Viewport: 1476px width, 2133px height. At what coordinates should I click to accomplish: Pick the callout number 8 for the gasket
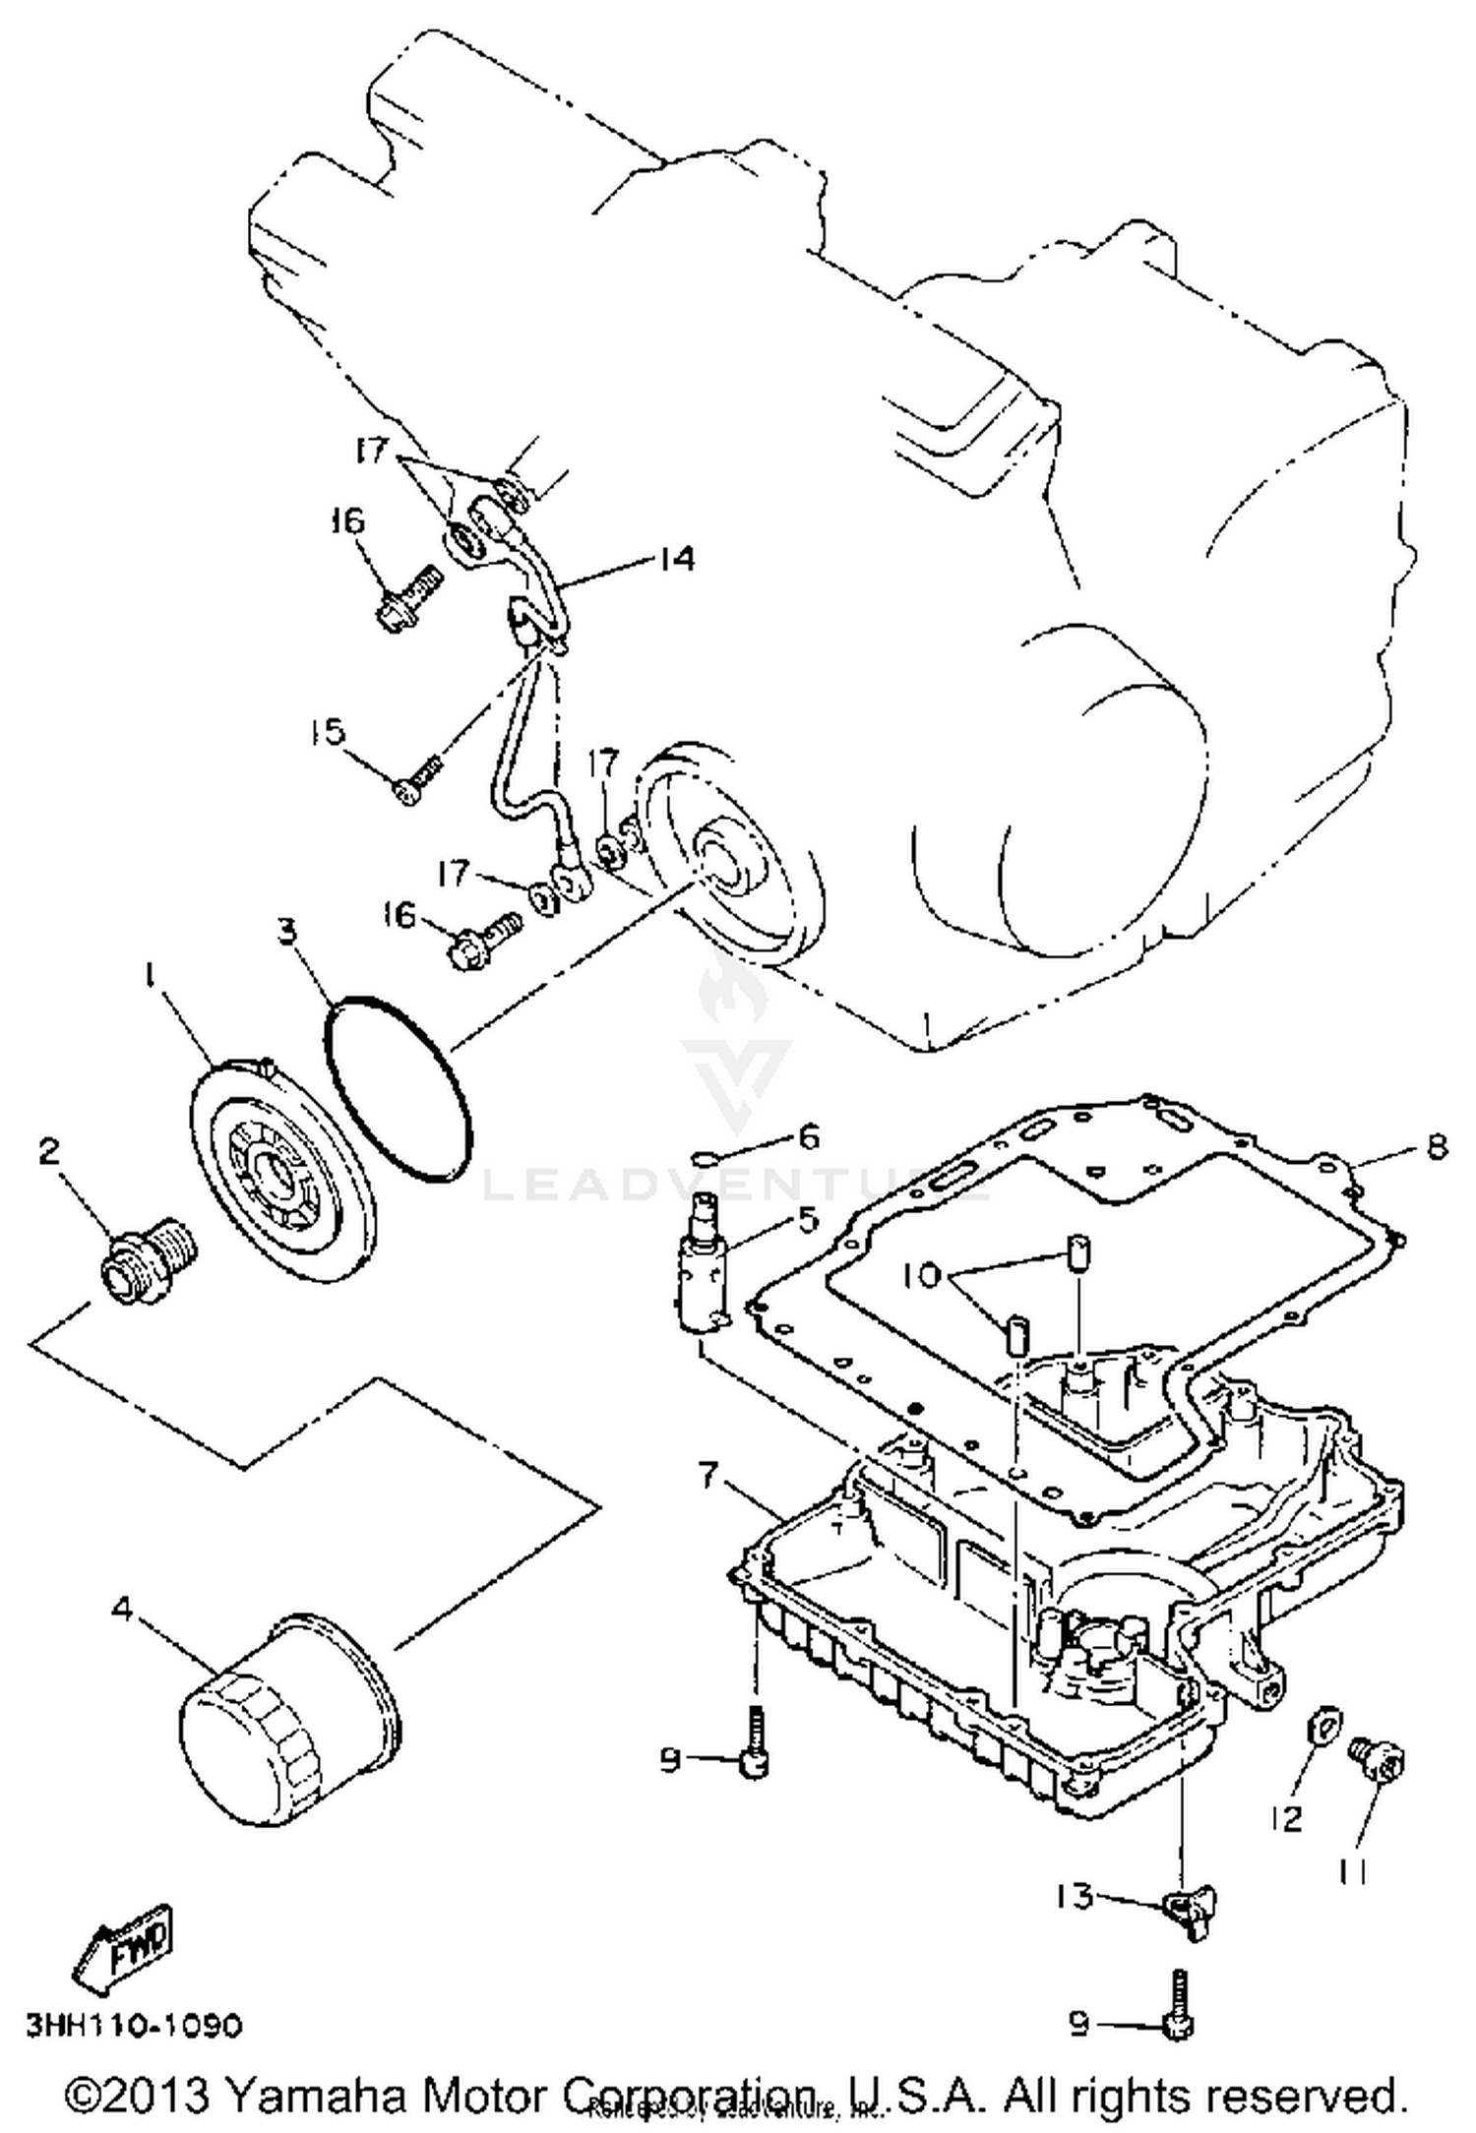pyautogui.click(x=1437, y=1146)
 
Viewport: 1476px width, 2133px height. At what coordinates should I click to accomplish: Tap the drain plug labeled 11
pyautogui.click(x=1383, y=1762)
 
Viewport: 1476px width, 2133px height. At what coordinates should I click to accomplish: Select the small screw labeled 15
pyautogui.click(x=415, y=784)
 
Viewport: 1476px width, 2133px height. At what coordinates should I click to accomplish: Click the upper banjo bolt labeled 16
pyautogui.click(x=404, y=598)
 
